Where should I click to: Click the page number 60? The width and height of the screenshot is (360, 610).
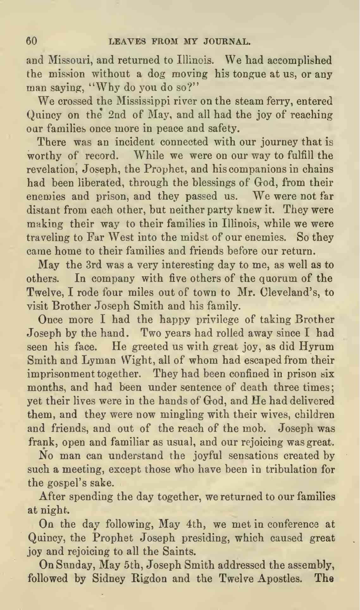(x=32, y=41)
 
